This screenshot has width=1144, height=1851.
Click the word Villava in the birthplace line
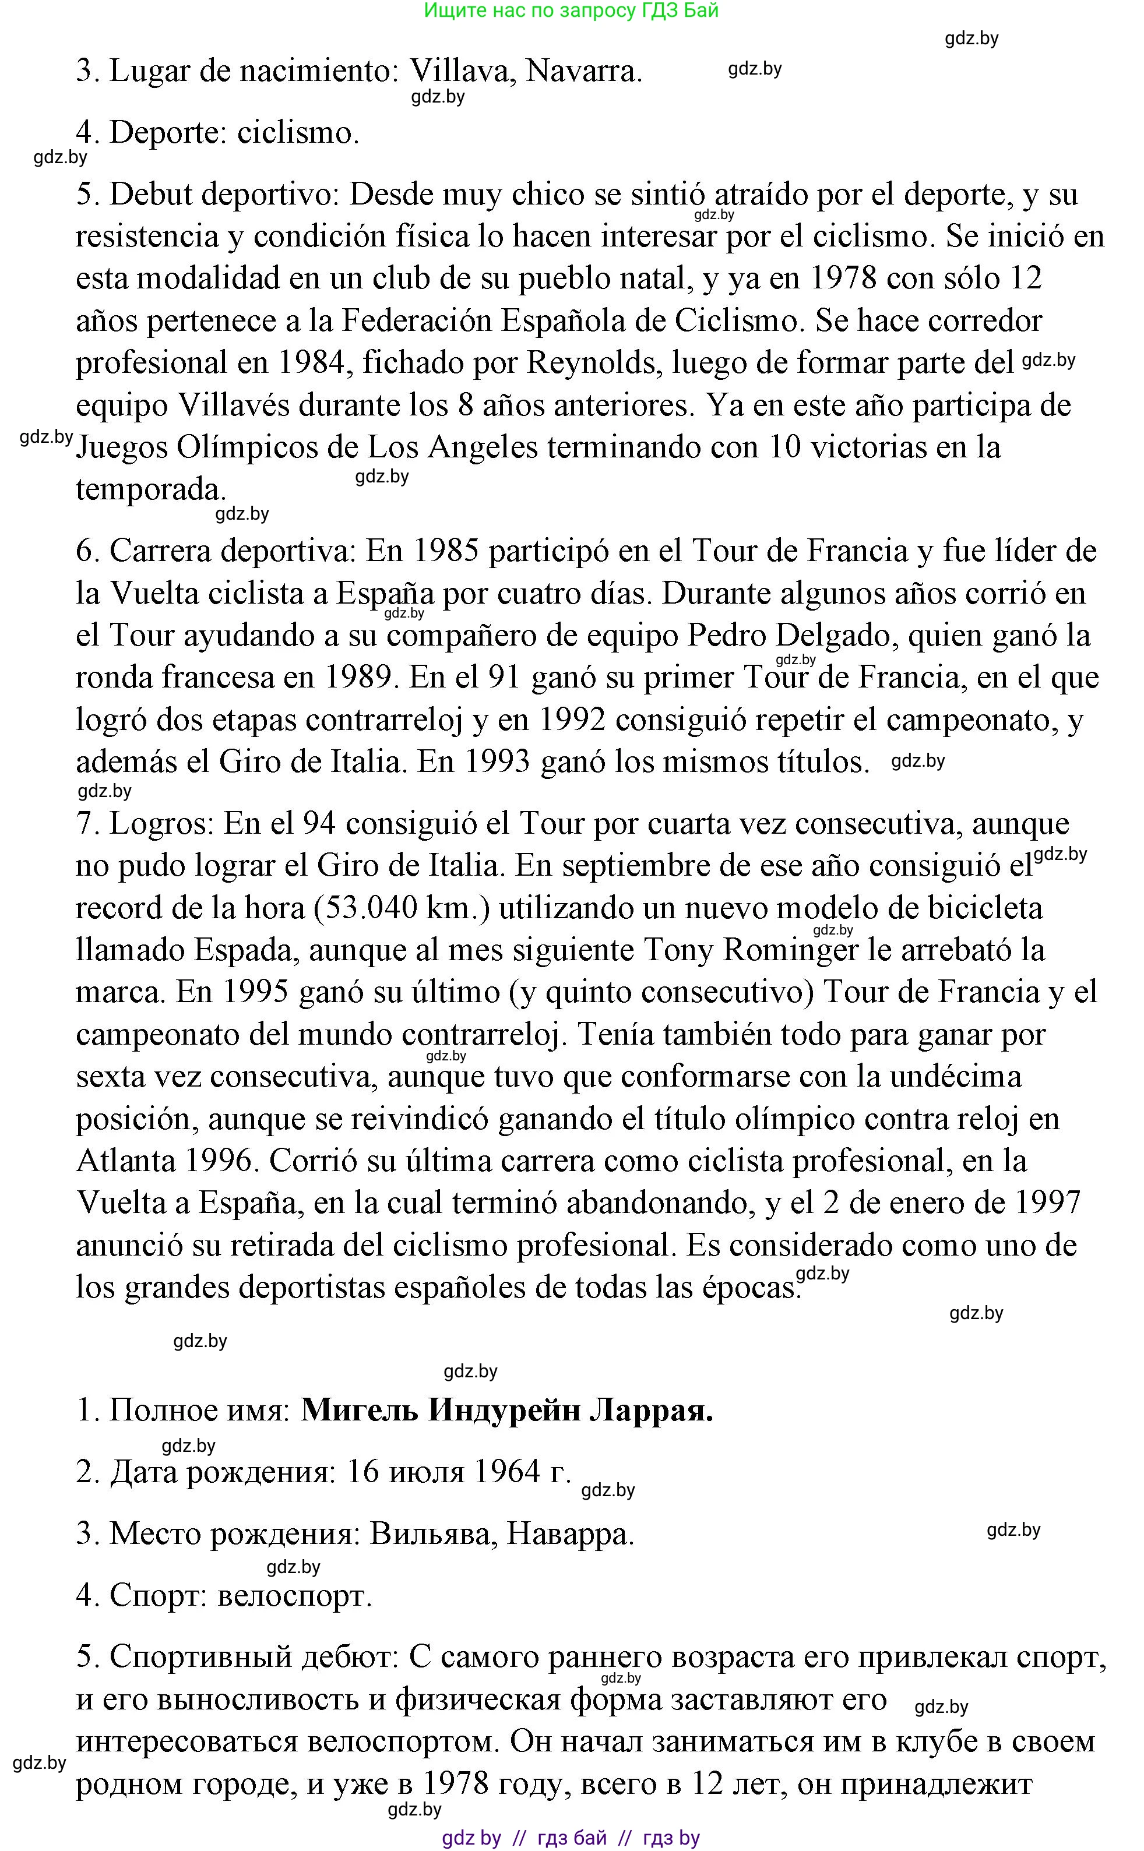(462, 71)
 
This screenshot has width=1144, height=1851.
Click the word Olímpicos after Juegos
(247, 448)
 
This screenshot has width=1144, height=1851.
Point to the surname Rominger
(791, 950)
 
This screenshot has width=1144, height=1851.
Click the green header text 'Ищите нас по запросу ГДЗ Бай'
(571, 10)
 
